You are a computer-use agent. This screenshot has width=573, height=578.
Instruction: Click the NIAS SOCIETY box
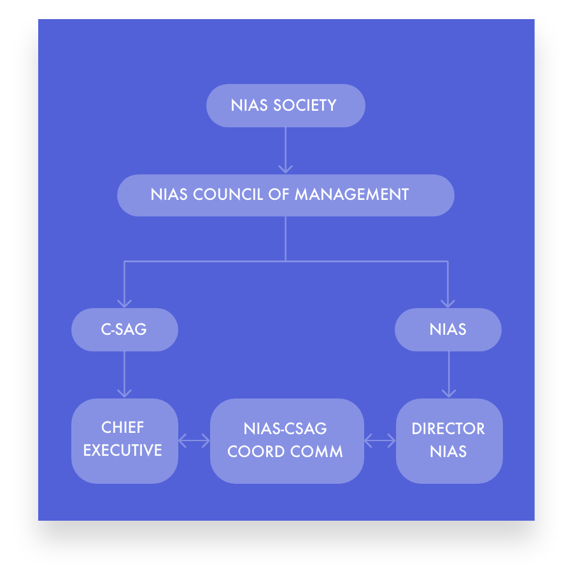(285, 106)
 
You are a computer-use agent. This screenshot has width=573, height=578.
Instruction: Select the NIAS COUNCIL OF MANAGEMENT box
(285, 195)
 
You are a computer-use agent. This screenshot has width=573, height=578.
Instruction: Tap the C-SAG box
(124, 330)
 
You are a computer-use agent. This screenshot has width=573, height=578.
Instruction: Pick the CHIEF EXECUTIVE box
(124, 441)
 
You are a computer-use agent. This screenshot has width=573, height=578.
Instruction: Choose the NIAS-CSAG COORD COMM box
(286, 441)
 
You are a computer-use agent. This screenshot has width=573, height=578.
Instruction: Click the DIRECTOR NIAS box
(449, 441)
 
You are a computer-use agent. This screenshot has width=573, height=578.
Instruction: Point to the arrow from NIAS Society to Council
(285, 150)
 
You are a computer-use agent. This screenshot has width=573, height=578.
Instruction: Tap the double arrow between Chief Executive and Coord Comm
(194, 441)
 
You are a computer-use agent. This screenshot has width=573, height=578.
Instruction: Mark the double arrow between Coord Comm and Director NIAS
(379, 441)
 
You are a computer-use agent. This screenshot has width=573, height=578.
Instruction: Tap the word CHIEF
(123, 427)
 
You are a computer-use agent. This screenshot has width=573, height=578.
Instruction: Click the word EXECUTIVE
(123, 451)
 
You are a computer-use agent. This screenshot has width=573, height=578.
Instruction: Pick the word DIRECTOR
(448, 429)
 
